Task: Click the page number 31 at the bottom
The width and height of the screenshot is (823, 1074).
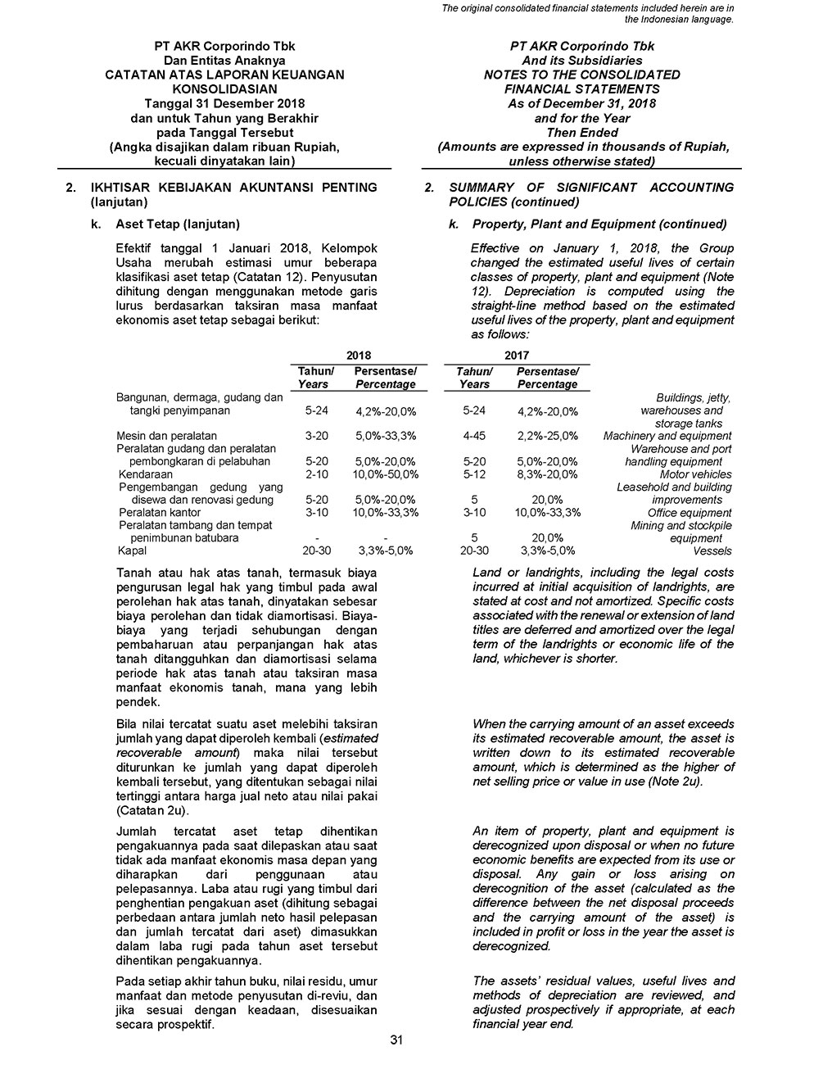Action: (x=396, y=1040)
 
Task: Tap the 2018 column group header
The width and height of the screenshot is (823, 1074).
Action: (x=358, y=356)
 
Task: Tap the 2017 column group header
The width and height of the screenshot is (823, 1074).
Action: (x=516, y=356)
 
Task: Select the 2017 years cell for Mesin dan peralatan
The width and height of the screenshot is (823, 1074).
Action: (x=474, y=436)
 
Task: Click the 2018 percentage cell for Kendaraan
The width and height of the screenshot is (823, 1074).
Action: (x=385, y=474)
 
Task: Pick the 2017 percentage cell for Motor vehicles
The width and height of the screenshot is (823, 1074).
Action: (x=547, y=474)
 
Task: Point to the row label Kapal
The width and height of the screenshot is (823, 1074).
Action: (x=132, y=551)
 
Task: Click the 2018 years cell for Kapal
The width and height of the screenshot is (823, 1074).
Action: (x=316, y=551)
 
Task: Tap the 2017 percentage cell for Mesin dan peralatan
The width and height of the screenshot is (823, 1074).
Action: (x=547, y=436)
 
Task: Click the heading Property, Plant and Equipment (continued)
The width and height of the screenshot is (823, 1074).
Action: (x=599, y=224)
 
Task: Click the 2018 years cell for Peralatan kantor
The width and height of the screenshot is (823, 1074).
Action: (x=316, y=513)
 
